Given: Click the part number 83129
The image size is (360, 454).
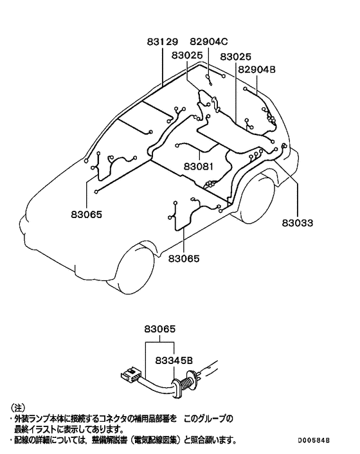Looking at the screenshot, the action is pyautogui.click(x=162, y=42).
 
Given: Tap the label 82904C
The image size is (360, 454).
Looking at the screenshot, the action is pyautogui.click(x=209, y=42).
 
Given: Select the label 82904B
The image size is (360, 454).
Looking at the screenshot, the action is pyautogui.click(x=256, y=70).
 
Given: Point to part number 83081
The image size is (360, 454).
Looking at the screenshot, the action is pyautogui.click(x=199, y=167).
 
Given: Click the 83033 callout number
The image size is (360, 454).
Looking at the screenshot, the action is pyautogui.click(x=298, y=223).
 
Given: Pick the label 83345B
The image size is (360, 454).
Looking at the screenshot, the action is pyautogui.click(x=174, y=361).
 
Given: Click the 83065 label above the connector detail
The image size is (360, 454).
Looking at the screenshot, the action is pyautogui.click(x=159, y=329).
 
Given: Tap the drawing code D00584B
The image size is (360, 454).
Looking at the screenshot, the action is pyautogui.click(x=314, y=440).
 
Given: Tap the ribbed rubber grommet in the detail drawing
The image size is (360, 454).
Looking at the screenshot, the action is pyautogui.click(x=186, y=383).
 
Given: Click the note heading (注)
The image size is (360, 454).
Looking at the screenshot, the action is pyautogui.click(x=17, y=408).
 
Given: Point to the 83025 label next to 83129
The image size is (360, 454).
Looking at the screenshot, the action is pyautogui.click(x=187, y=55).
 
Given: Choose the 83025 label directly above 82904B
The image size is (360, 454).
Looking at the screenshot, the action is pyautogui.click(x=235, y=57).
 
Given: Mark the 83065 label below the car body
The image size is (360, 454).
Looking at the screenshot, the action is pyautogui.click(x=184, y=259).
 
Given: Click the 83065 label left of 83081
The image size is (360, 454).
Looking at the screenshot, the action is pyautogui.click(x=87, y=215).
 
